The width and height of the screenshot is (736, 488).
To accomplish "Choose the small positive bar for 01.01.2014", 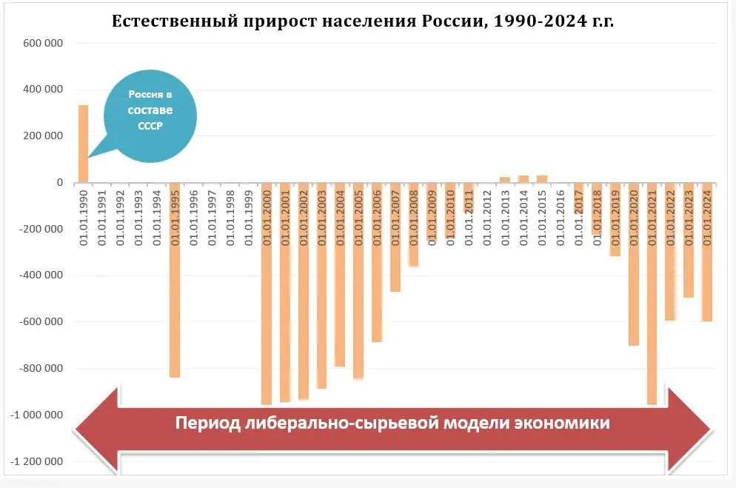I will click(x=523, y=178).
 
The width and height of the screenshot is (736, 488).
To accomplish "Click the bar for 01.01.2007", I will click(x=395, y=237).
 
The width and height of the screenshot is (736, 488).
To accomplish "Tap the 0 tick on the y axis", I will click(x=58, y=183).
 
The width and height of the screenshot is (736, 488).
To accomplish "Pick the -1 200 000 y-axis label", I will click(x=37, y=461).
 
